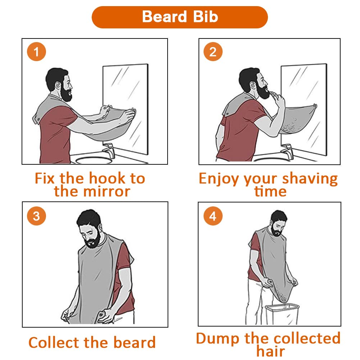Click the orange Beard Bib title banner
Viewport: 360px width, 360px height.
pos(180,17)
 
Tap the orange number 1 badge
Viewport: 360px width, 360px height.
pos(36,52)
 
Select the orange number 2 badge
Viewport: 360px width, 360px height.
pos(213,52)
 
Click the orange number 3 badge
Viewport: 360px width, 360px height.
pos(36,216)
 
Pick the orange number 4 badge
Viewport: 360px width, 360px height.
pos(213,216)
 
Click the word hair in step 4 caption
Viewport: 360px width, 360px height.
pos(270,351)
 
